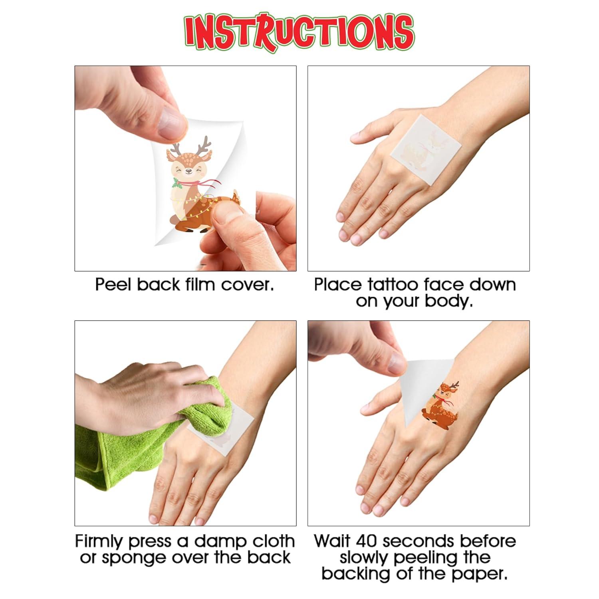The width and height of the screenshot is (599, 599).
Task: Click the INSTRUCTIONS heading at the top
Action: (x=299, y=31)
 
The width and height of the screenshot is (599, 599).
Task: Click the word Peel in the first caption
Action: (x=113, y=285)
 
